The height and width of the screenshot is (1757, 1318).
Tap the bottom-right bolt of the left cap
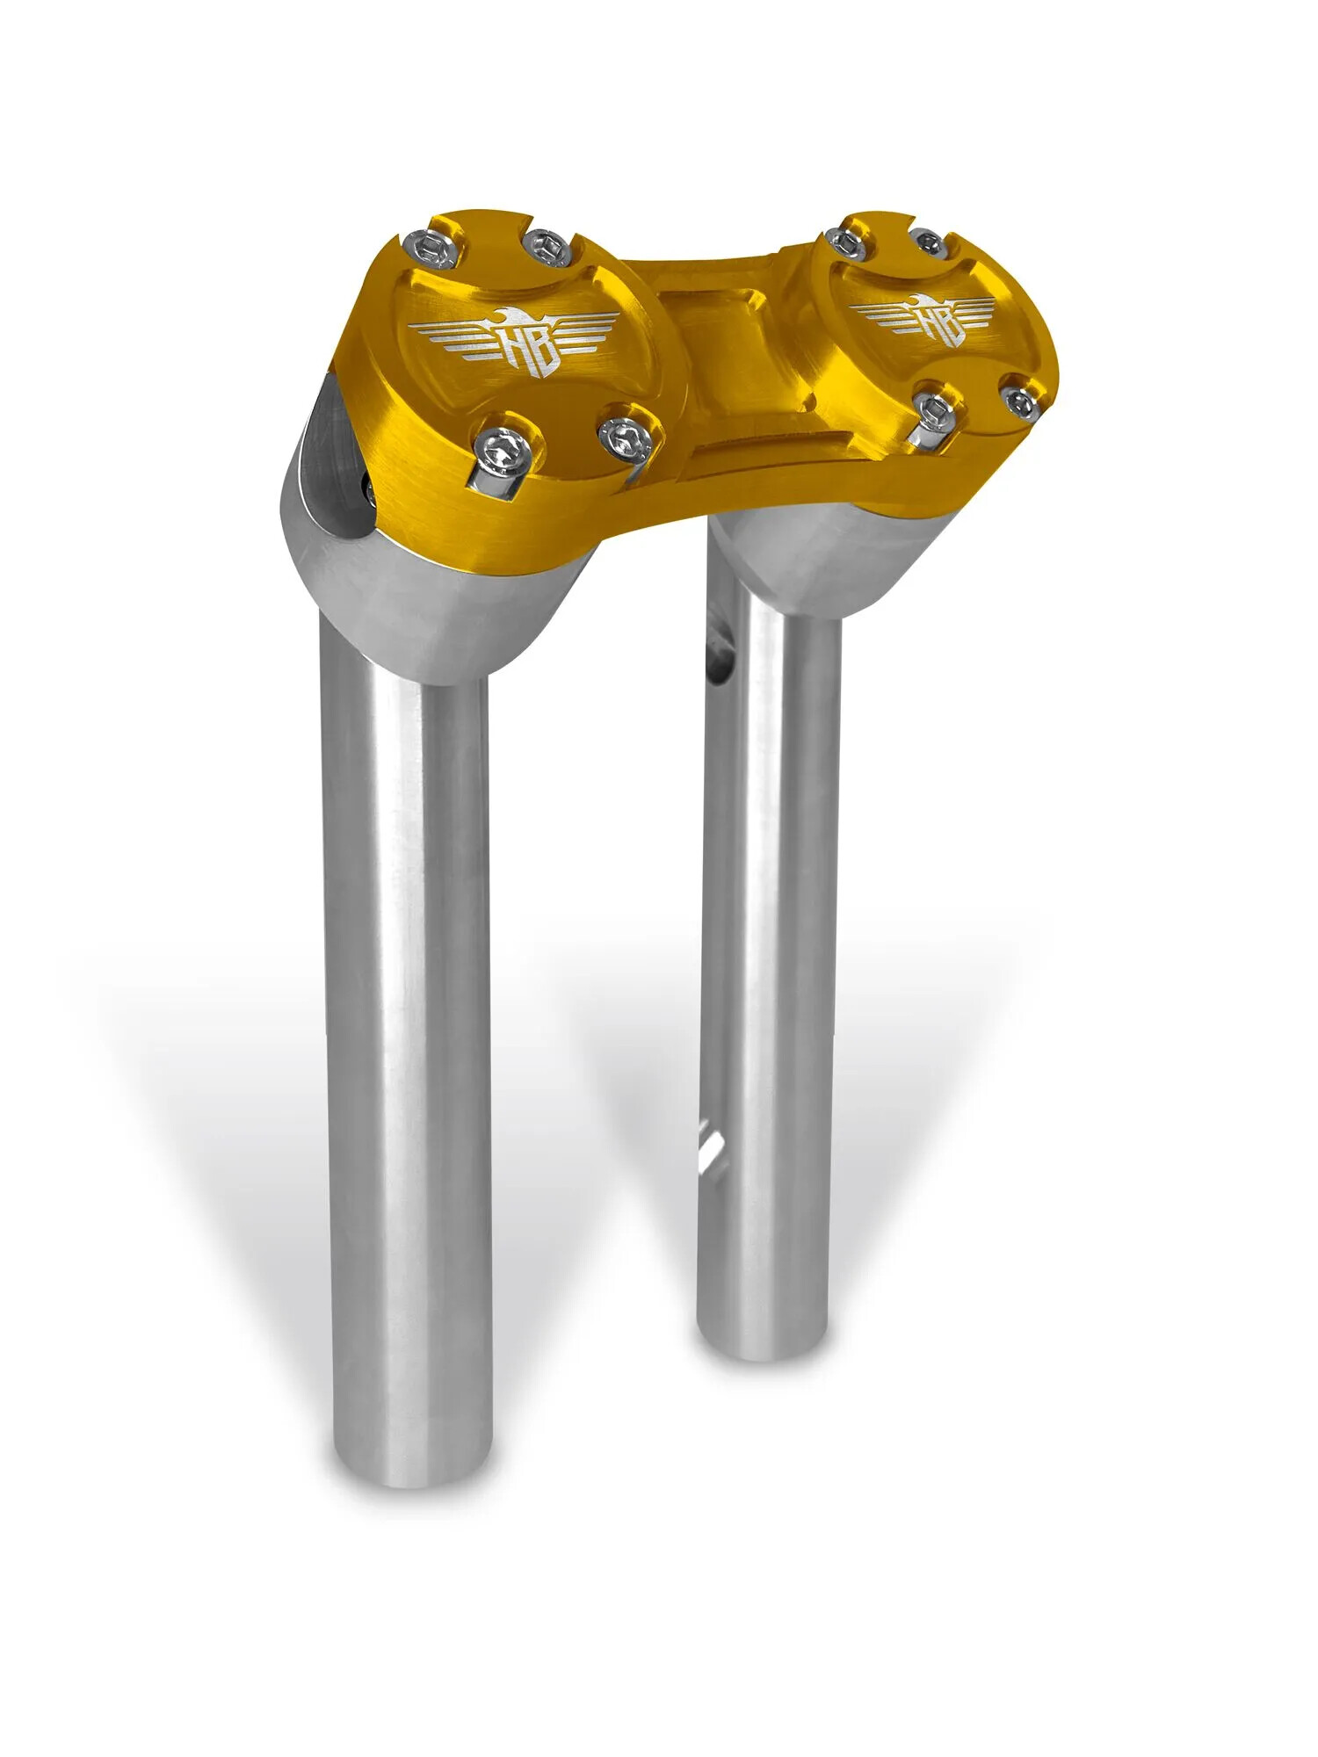pos(627,437)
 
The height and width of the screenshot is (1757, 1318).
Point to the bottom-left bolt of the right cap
pos(937,409)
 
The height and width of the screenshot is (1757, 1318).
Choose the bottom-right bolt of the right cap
pos(1020,401)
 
